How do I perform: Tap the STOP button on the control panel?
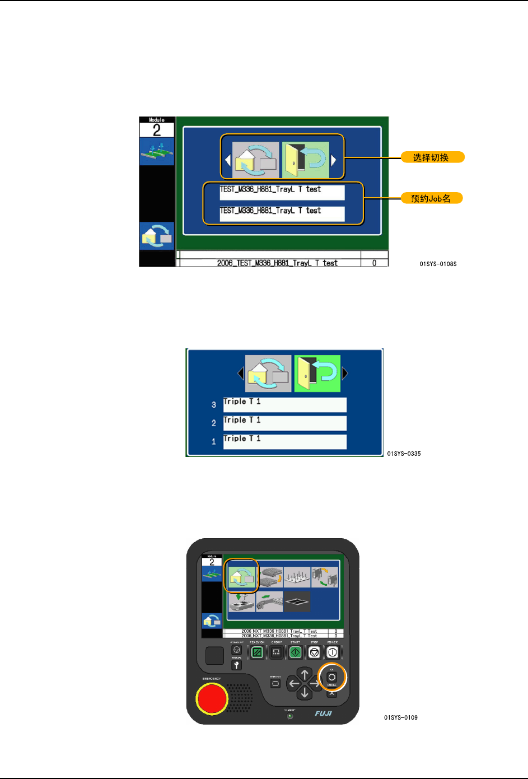click(314, 652)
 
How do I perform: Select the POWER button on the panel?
click(333, 652)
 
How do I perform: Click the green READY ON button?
click(257, 652)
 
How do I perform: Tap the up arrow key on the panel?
click(305, 674)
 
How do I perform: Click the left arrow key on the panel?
click(293, 684)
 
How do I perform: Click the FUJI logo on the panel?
click(323, 713)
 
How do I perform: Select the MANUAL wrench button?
click(236, 665)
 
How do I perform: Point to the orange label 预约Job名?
click(431, 198)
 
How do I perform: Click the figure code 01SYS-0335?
click(404, 454)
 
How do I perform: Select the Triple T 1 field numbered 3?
click(284, 404)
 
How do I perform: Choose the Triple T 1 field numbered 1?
click(284, 441)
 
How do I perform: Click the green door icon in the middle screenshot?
click(317, 373)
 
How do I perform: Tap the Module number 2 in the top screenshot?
click(157, 130)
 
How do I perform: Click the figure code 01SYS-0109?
click(401, 717)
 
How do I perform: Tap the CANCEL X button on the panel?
click(332, 693)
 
